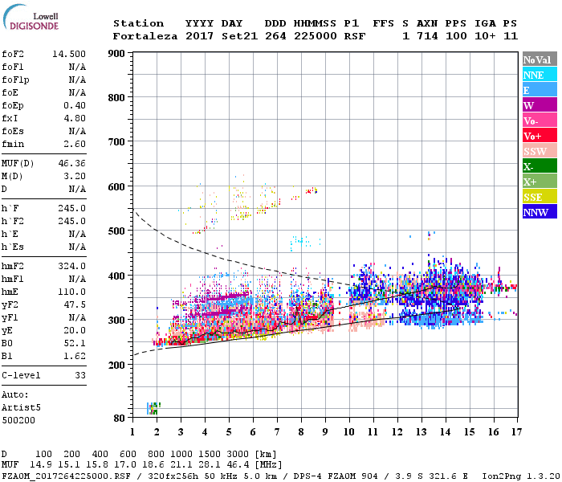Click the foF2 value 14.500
pos(70,54)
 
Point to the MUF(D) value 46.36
pos(72,162)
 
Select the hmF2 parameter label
pos(16,266)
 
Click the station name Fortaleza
pos(145,36)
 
